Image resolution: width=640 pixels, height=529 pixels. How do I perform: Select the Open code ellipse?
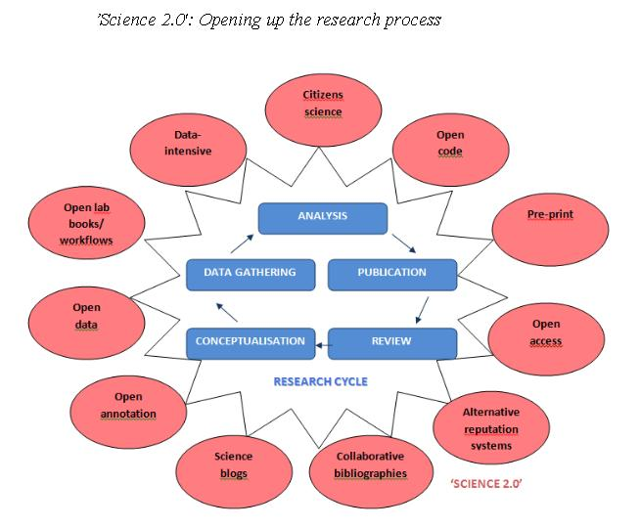[450, 144]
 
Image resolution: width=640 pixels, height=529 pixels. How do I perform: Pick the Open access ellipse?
[546, 332]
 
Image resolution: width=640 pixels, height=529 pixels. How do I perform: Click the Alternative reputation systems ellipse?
[490, 428]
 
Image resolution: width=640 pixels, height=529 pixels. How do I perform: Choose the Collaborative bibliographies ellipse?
[370, 464]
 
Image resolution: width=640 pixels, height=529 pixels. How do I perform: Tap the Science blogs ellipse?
[233, 464]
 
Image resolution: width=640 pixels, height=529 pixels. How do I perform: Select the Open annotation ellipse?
[128, 405]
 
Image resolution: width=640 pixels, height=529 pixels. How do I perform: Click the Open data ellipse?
[86, 315]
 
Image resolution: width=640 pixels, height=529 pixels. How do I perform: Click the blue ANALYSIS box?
[323, 216]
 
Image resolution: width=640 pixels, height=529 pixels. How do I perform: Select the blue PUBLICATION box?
[391, 273]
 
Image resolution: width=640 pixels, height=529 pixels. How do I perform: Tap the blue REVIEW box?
[391, 342]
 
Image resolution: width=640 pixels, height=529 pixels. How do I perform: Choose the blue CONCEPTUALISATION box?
[251, 342]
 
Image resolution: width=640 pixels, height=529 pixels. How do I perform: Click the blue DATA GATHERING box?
[251, 273]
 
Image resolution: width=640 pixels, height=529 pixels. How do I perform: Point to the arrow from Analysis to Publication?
[402, 242]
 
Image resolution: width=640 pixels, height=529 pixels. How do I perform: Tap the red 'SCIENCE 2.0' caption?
[486, 484]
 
